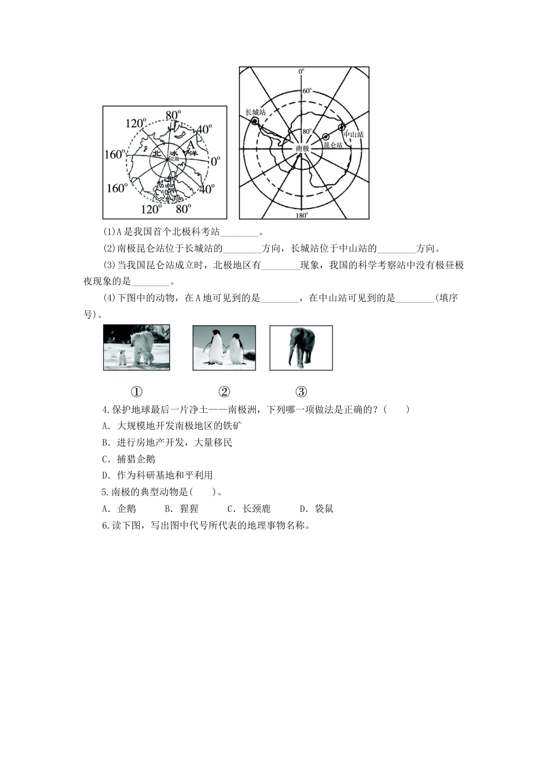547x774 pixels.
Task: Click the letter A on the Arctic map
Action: (191, 144)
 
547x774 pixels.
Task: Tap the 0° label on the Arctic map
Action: (215, 161)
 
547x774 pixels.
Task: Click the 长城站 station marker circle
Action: (254, 122)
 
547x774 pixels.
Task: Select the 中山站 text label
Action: (353, 135)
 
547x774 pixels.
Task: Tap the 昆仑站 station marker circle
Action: (326, 136)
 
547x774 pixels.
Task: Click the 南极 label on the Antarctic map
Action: (302, 148)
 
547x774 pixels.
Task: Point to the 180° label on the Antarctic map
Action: (301, 215)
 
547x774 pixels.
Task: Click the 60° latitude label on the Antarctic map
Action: (306, 91)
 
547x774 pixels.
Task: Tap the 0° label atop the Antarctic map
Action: (301, 71)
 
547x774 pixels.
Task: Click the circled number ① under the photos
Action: (136, 392)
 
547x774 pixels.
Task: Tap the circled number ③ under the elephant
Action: (301, 392)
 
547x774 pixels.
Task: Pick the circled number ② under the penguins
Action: (224, 392)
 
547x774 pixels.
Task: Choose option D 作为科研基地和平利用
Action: (157, 475)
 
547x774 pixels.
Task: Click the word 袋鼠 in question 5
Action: (324, 509)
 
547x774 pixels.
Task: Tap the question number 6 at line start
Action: (104, 525)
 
